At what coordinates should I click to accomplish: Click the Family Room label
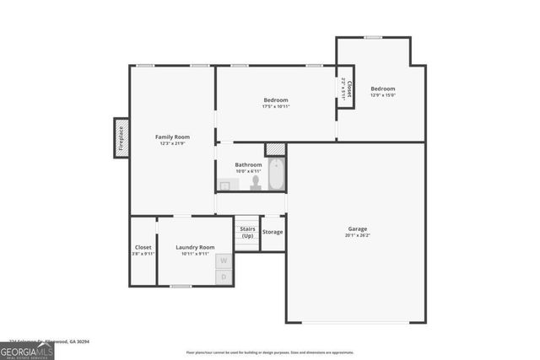171,137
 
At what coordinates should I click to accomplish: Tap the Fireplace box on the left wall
121,138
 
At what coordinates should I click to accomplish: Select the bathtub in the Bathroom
276,175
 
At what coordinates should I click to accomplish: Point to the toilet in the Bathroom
256,182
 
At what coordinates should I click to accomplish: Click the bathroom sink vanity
225,185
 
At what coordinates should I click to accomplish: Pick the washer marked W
224,261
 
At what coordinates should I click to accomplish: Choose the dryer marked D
224,277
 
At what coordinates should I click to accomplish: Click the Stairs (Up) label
247,232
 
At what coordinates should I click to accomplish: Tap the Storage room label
273,232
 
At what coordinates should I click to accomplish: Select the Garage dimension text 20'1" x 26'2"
358,236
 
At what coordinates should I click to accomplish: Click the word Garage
358,228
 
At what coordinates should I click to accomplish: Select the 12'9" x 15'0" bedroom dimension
382,95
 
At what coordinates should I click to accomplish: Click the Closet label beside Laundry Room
143,247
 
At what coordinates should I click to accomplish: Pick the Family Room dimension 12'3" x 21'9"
171,144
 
